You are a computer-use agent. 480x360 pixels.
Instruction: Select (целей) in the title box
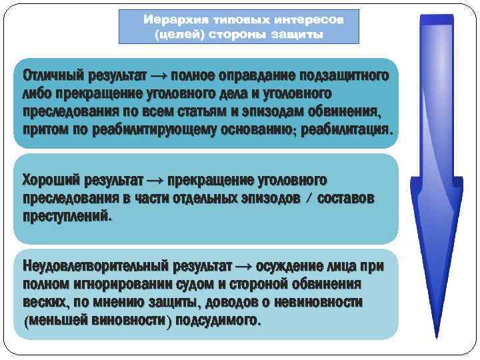click(x=178, y=33)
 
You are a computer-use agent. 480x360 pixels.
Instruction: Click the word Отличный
click(x=51, y=76)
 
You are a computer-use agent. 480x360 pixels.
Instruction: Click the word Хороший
click(x=51, y=181)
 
